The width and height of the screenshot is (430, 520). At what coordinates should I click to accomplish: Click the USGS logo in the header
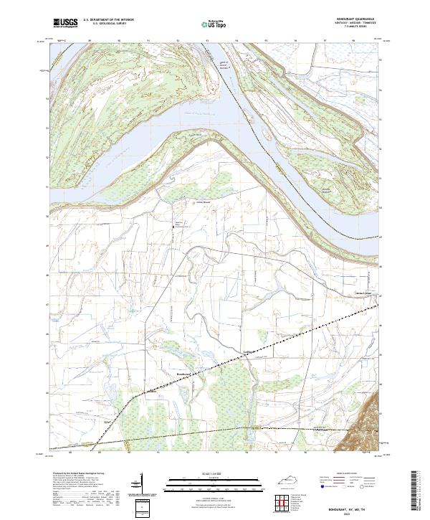[66, 24]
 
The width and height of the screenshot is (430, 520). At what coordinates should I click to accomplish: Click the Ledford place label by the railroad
[250, 350]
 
